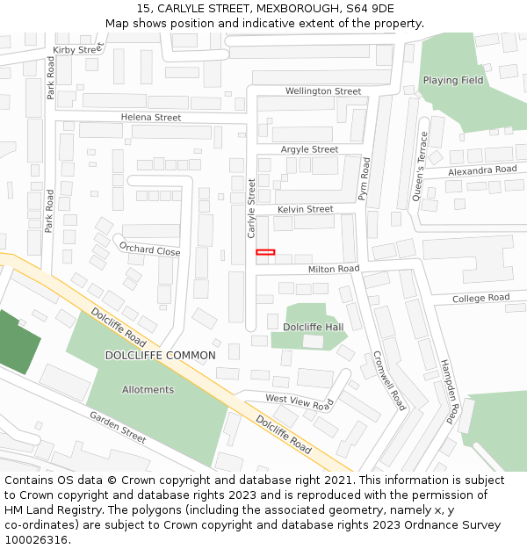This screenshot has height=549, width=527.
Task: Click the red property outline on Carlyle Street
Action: coord(265,253)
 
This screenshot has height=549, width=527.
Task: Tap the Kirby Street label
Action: coord(78,50)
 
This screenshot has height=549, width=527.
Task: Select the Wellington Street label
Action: coord(322,91)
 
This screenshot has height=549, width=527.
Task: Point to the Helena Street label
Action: coord(151,118)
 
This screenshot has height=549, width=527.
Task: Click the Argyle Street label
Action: coord(309,150)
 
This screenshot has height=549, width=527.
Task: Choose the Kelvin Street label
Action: coord(305,209)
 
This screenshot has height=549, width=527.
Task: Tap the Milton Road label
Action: coord(333,268)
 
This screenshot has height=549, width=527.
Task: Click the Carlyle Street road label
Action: coord(251,208)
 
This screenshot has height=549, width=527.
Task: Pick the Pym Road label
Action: coord(365,179)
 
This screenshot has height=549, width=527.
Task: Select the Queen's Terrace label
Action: coord(422,166)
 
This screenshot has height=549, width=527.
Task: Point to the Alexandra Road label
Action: coord(482,170)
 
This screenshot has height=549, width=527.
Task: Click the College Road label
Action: coord(480,299)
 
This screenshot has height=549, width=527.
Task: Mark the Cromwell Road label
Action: coord(389,380)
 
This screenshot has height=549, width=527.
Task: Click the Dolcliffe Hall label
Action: coord(313,327)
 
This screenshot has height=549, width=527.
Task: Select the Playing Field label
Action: coord(453,81)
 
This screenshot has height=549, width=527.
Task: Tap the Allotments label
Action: coord(148,390)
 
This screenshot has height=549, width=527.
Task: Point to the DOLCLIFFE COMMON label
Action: coord(160,356)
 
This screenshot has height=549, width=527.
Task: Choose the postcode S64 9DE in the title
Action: coord(365,9)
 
